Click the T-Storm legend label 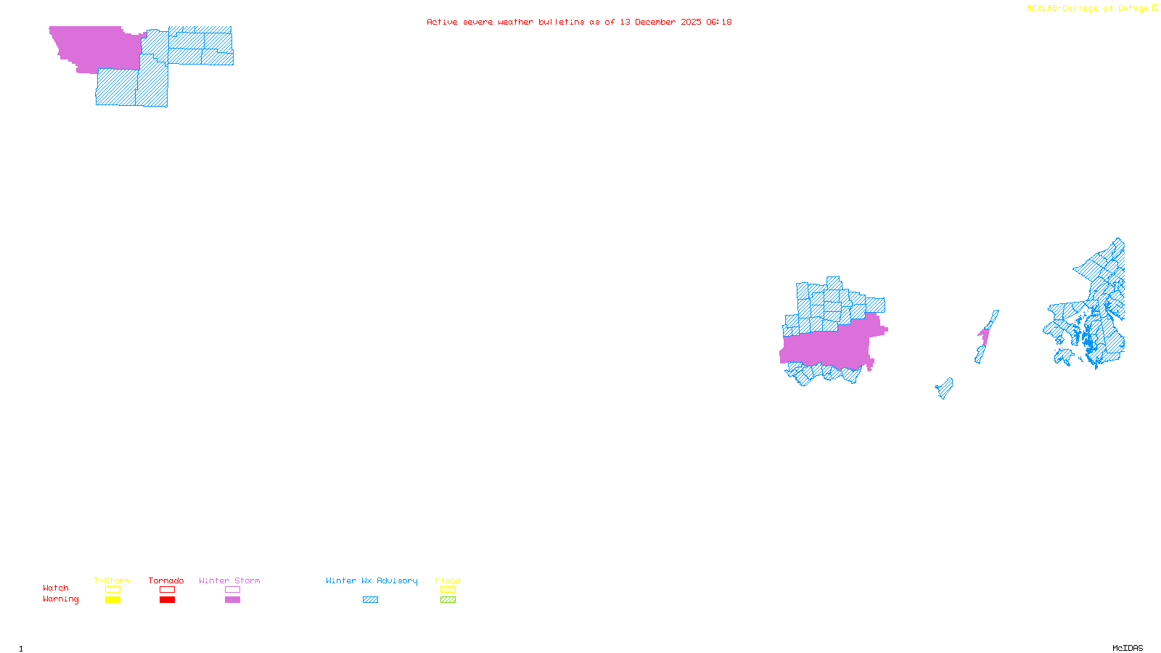(112, 580)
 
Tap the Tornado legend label (166, 580)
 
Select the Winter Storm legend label (229, 580)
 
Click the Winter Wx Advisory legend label (372, 580)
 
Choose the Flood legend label (448, 580)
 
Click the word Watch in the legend (56, 588)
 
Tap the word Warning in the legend (61, 599)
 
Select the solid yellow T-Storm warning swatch (112, 600)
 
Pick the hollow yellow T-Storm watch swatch (112, 590)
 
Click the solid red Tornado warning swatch (168, 600)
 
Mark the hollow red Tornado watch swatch (168, 590)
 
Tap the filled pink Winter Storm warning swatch (232, 600)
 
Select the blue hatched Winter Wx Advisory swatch (370, 600)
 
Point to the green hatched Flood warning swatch (448, 600)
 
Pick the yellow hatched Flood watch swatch (448, 590)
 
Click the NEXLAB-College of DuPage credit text (1088, 9)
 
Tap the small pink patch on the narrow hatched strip (984, 335)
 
